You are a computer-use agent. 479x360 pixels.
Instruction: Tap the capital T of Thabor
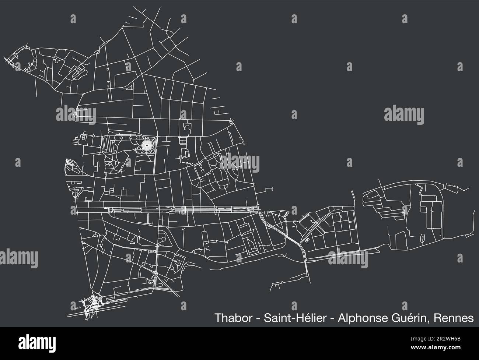click(217, 318)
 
